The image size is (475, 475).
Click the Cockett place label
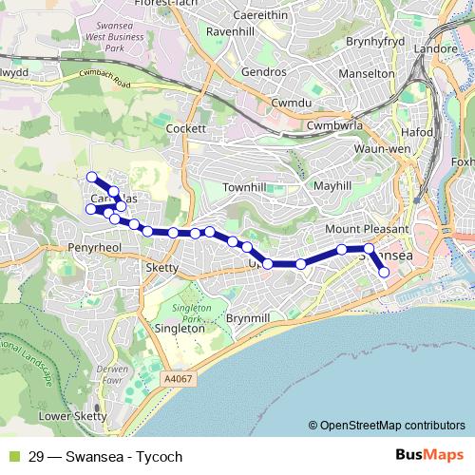pyautogui.click(x=185, y=128)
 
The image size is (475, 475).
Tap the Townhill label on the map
pyautogui.click(x=245, y=188)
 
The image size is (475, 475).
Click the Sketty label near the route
pyautogui.click(x=162, y=268)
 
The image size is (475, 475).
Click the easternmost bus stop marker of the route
pyautogui.click(x=385, y=273)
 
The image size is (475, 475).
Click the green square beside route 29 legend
pyautogui.click(x=12, y=457)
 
